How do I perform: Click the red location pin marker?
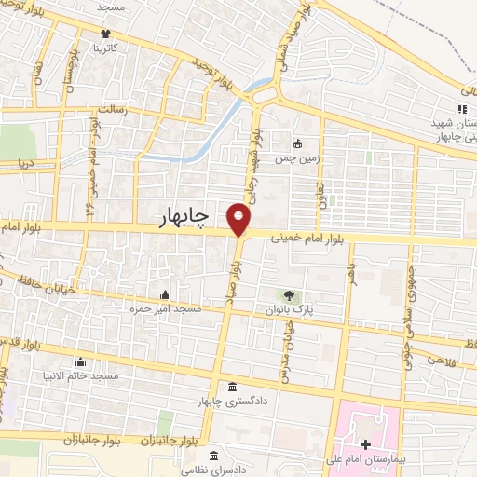(x=239, y=220)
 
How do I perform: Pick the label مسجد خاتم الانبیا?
(x=79, y=375)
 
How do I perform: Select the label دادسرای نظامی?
(x=215, y=470)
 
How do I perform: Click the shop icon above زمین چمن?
(x=297, y=143)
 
